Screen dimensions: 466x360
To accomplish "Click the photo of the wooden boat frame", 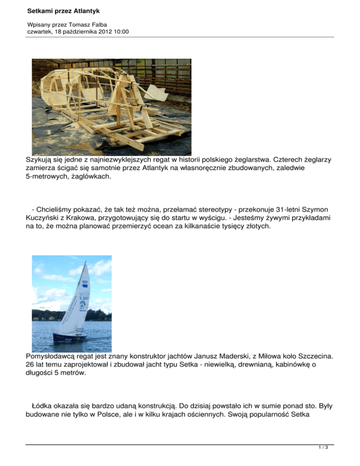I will coord(111,100).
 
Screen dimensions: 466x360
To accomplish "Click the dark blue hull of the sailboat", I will coord(69,337).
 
